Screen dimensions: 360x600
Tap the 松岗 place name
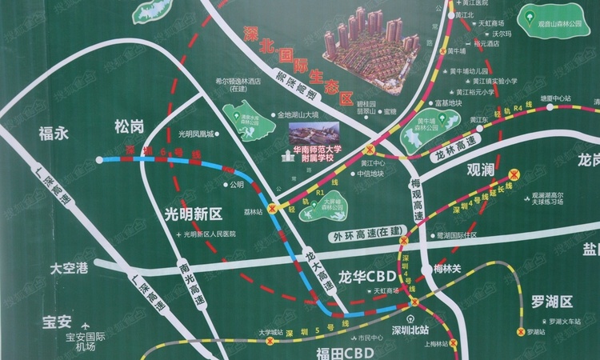128,126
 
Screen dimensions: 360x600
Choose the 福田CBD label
322,351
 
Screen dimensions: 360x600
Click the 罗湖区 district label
553,302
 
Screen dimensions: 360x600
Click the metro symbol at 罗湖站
519,330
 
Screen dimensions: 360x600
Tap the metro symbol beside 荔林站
273,208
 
